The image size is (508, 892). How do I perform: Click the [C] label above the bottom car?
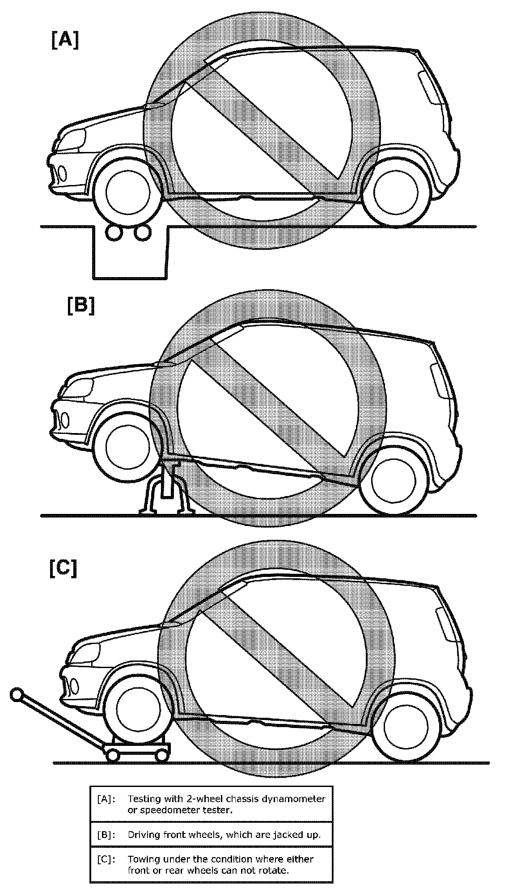click(x=63, y=568)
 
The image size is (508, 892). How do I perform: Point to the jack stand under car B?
click(x=167, y=493)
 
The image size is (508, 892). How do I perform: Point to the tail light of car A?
click(x=428, y=87)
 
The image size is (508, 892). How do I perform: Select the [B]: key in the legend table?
click(x=106, y=834)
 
